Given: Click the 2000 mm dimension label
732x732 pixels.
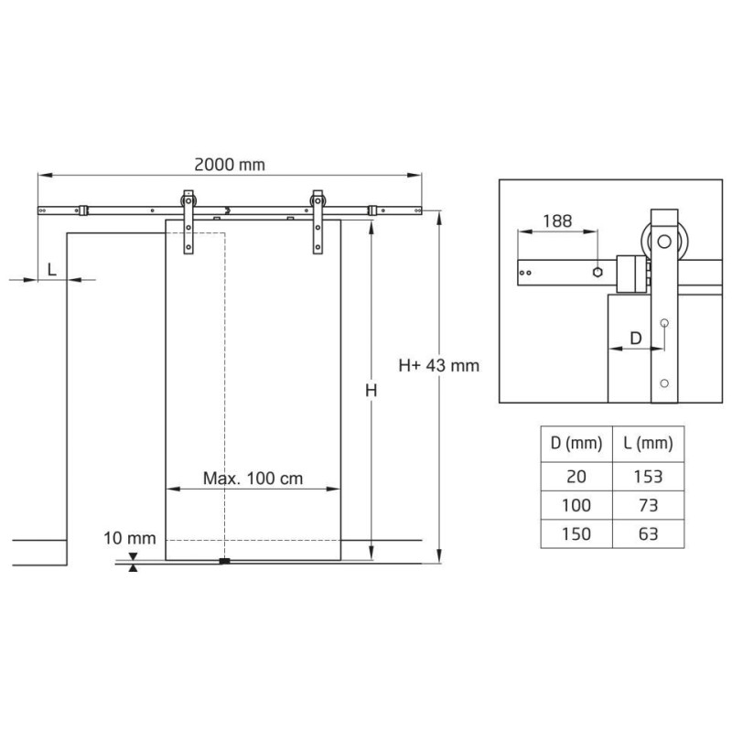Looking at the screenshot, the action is point(230,165).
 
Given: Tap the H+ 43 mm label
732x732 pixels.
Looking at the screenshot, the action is point(439,365).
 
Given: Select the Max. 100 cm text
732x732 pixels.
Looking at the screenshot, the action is point(253,478).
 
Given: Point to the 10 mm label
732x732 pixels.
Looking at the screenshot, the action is point(129,538).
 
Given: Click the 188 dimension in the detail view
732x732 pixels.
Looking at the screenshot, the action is point(557,221).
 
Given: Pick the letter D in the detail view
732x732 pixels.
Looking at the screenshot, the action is point(636,338).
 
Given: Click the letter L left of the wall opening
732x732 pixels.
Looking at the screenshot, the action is point(52,269).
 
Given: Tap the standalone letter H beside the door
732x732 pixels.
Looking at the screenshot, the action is point(371,391).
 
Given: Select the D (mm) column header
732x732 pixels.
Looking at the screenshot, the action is point(576,444).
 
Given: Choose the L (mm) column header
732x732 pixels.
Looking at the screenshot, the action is point(649,444).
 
